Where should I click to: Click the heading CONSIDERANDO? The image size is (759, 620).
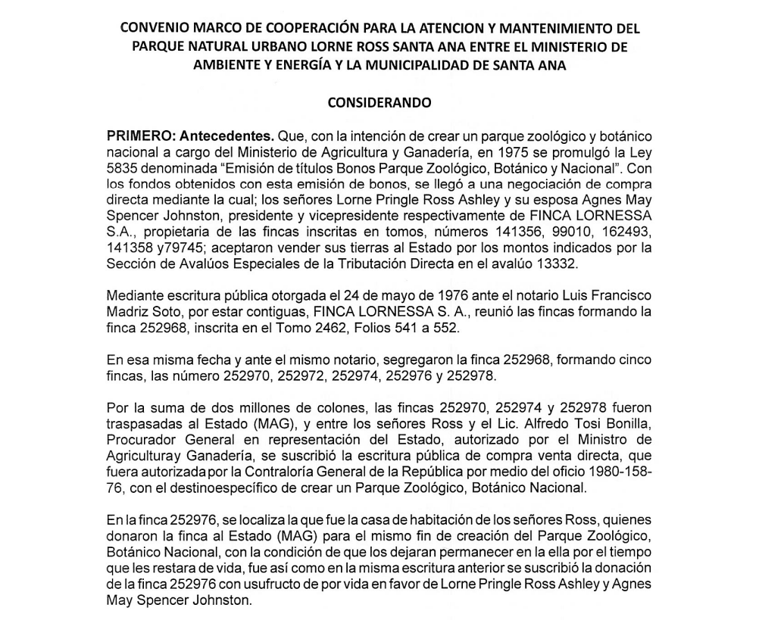[x=379, y=101]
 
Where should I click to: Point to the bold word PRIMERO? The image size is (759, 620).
[x=140, y=139]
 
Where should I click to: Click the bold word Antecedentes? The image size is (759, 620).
[x=227, y=139]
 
